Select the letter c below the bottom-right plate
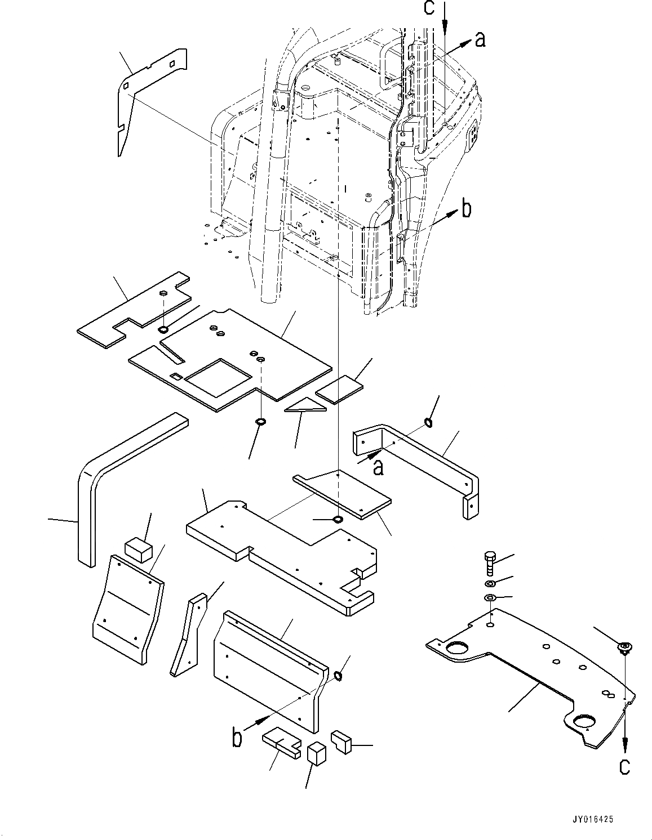[x=624, y=766]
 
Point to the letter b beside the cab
[x=465, y=209]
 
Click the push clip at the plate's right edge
[x=624, y=648]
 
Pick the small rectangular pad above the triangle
[x=339, y=389]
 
